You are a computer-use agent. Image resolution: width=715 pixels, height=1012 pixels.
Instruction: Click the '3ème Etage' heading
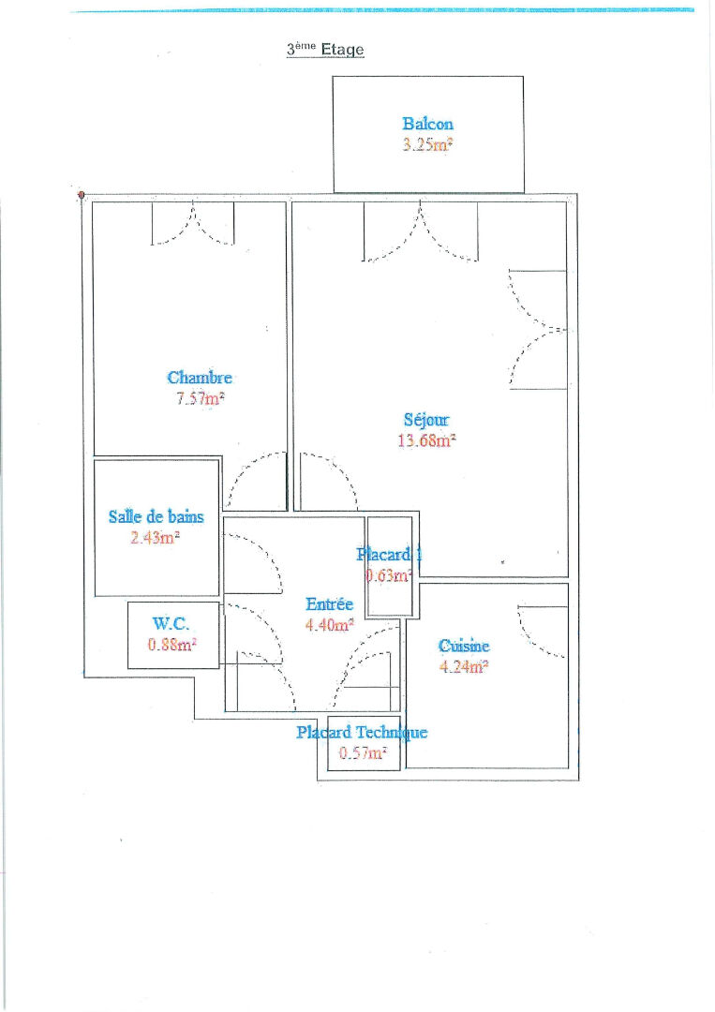click(325, 49)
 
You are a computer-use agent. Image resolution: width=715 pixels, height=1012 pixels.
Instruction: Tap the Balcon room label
click(428, 124)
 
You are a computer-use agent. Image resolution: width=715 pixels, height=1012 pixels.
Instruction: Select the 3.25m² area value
click(428, 144)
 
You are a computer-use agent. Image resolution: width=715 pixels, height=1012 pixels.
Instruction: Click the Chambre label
click(200, 377)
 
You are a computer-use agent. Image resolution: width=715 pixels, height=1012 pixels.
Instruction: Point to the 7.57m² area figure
click(200, 397)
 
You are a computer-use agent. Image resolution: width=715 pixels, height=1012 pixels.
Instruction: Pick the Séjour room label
click(425, 420)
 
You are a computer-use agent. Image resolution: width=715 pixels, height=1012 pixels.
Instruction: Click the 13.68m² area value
click(426, 440)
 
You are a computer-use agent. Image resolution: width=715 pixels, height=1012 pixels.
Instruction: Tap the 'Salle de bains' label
click(156, 516)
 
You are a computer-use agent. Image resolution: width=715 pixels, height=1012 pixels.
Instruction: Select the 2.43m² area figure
click(155, 537)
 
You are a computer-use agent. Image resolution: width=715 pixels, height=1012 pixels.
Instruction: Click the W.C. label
click(171, 623)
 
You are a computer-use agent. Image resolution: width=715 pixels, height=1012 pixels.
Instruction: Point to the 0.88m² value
click(171, 644)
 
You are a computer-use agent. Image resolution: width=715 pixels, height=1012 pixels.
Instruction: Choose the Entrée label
click(329, 604)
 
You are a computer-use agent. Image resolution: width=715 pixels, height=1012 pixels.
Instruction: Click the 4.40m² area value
click(329, 625)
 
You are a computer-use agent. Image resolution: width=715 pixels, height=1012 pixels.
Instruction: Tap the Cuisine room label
click(464, 646)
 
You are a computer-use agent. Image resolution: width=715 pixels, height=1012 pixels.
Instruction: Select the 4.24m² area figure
click(464, 666)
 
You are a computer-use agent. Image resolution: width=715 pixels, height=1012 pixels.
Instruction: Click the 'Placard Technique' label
click(362, 732)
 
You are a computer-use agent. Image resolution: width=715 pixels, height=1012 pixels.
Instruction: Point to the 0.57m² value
click(363, 752)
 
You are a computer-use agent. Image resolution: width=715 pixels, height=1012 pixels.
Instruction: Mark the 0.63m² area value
click(389, 575)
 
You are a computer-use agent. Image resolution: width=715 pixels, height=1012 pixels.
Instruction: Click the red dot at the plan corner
click(82, 194)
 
